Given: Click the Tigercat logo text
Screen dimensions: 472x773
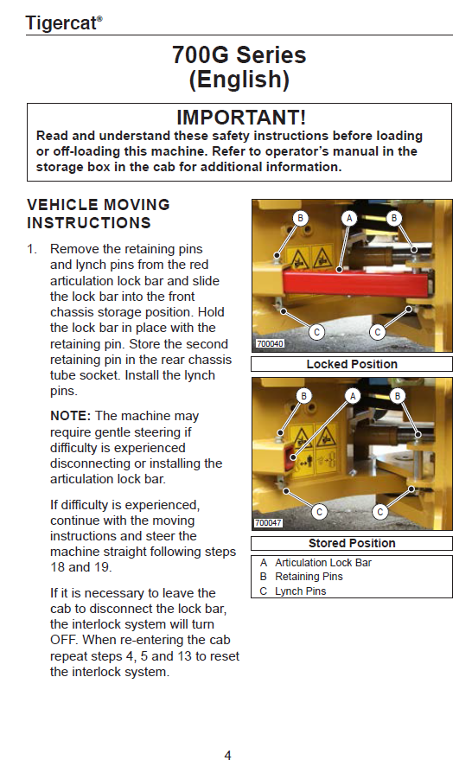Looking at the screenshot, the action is coord(64,23).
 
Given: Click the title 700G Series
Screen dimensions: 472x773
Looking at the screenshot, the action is coord(239,54).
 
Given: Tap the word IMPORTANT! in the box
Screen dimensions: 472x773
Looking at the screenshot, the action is coord(241,118).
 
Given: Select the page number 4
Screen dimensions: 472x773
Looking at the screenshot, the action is coord(227,755).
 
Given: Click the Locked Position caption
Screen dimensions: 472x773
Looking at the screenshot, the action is coord(352,364).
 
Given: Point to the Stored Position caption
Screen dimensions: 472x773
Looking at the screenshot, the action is coord(352,543).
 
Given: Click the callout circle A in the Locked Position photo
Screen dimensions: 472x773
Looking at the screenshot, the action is coord(349,218).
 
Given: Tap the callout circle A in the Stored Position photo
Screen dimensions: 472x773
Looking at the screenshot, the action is coord(353,396).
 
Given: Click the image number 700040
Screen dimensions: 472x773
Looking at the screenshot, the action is coord(270,343).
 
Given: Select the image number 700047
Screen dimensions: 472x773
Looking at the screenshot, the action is coord(268,522).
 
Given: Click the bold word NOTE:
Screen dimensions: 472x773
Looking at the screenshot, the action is coord(71,416).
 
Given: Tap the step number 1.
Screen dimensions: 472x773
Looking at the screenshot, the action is coord(32,249).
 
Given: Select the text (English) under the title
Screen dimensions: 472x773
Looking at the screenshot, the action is coord(239,80).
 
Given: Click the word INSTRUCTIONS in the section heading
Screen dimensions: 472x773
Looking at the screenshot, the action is coord(89,223).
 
